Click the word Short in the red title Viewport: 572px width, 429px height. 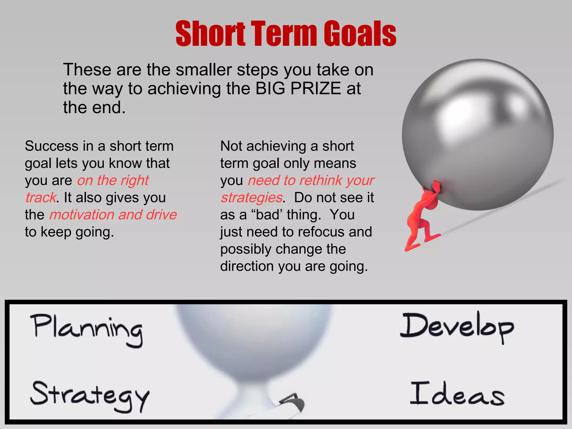[x=210, y=34]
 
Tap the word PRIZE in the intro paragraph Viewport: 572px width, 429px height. [x=316, y=89]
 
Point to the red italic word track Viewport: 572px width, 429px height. [x=41, y=198]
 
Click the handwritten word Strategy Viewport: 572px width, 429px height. [x=89, y=395]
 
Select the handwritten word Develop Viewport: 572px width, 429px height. [x=457, y=327]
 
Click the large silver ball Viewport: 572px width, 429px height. [x=478, y=134]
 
